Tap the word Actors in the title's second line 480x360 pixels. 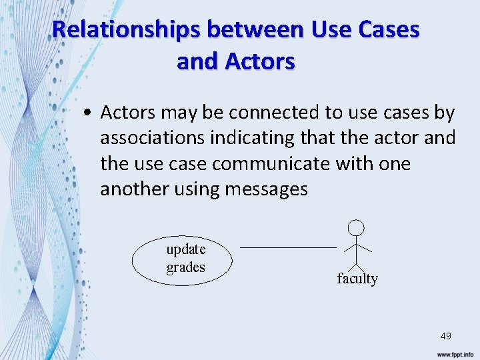coord(260,61)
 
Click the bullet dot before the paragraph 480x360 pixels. coord(88,113)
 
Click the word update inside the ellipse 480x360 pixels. coord(186,249)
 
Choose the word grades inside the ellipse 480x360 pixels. coord(186,267)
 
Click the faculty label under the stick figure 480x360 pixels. coord(357,279)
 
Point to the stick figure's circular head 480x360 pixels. coord(357,227)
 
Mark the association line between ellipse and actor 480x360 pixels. coord(288,247)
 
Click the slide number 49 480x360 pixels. coord(445,336)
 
